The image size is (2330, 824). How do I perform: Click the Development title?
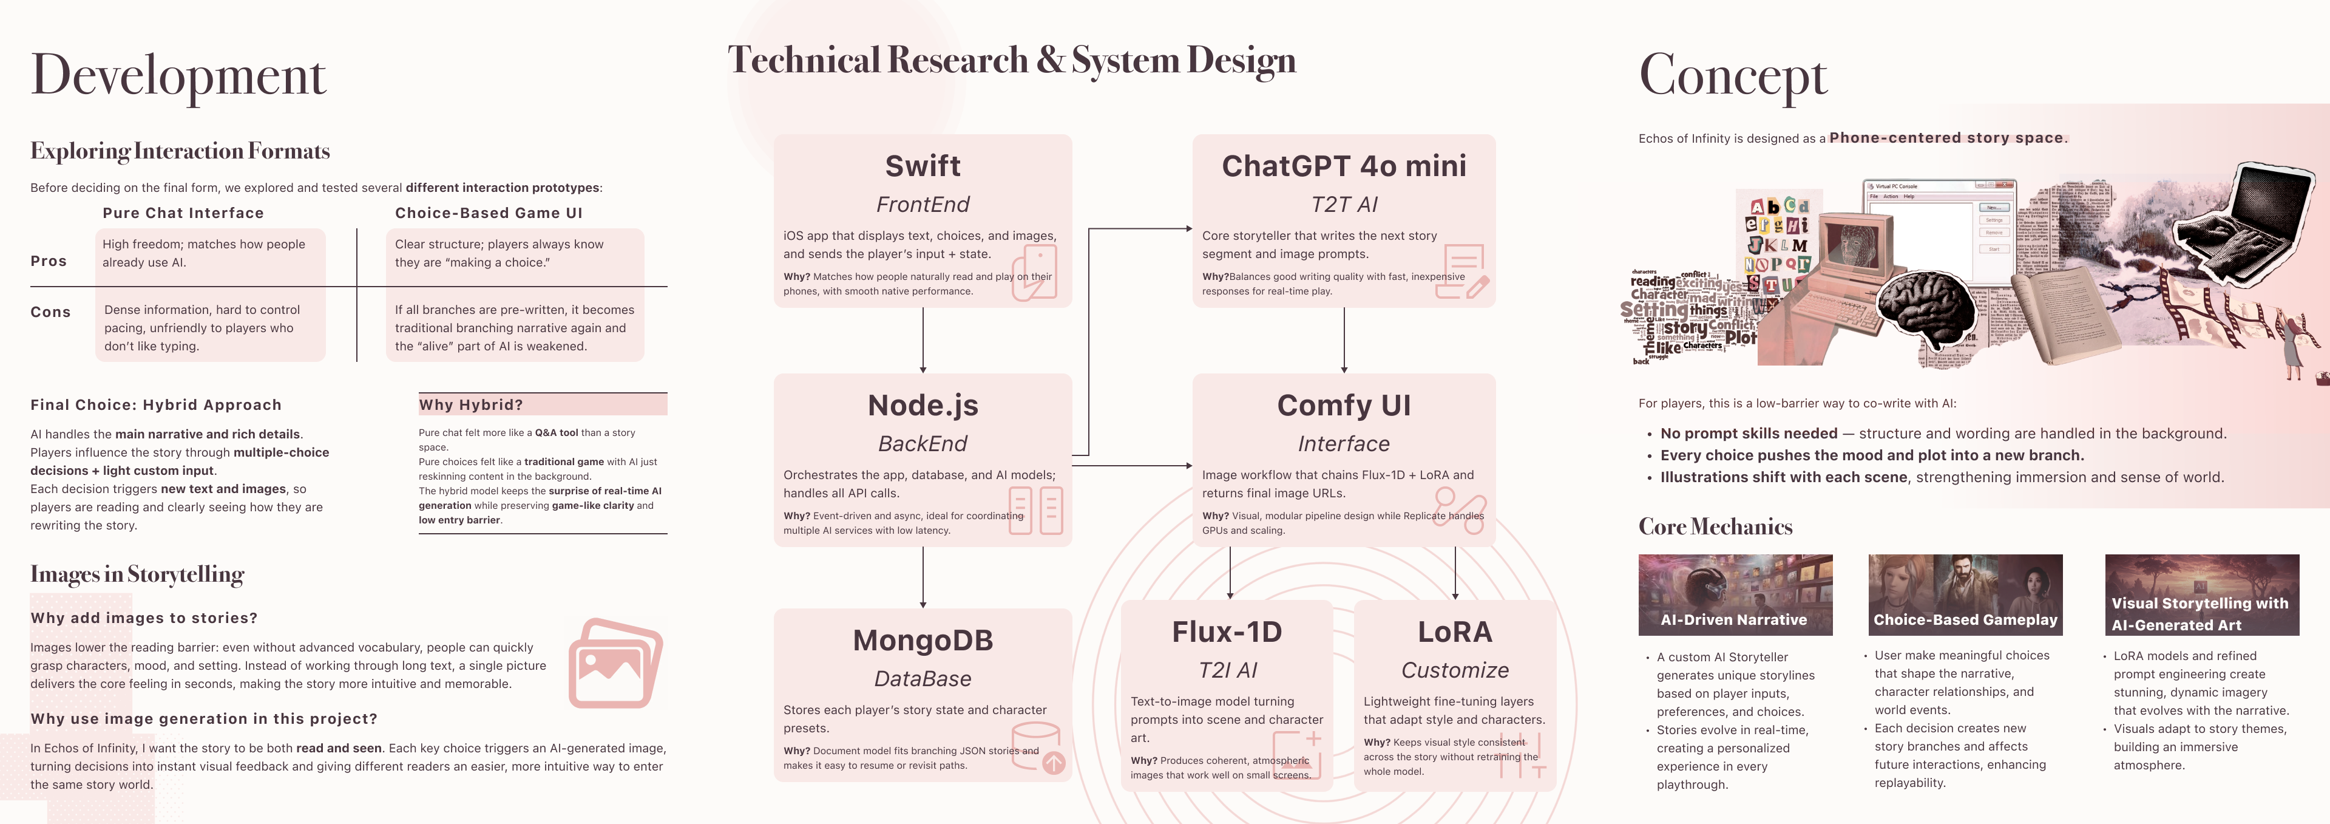click(178, 76)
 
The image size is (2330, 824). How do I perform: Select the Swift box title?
click(923, 166)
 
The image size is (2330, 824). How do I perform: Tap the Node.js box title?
click(923, 405)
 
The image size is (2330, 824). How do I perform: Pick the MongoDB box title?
click(923, 641)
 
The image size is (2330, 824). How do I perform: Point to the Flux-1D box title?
click(1227, 632)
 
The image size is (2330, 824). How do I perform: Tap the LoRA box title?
click(1454, 632)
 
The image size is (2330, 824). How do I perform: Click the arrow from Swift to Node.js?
click(923, 340)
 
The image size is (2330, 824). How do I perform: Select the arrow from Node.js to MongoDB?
click(923, 577)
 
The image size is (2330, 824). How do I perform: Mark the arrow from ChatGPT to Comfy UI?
click(1344, 340)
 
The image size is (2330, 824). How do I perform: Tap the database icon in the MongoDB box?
click(1037, 746)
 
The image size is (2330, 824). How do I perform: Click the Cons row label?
click(50, 312)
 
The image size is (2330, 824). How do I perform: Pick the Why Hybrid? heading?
click(471, 405)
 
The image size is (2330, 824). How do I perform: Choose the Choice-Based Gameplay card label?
click(1965, 619)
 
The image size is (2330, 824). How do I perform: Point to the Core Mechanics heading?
click(1715, 526)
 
